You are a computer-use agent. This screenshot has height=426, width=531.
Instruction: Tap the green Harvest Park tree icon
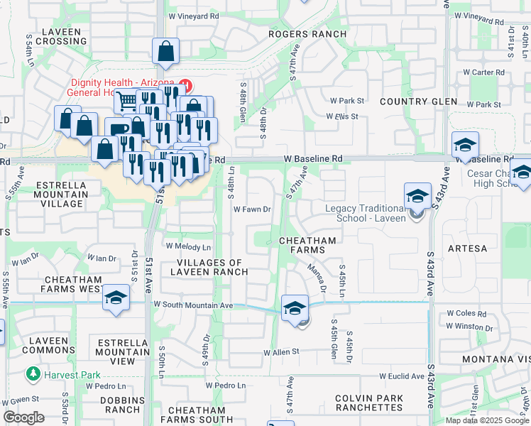click(32, 373)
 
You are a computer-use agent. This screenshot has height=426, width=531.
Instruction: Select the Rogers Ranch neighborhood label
click(307, 34)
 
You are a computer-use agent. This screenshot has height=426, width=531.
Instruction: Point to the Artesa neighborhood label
click(467, 248)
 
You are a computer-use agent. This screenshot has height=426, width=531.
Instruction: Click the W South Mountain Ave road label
click(193, 305)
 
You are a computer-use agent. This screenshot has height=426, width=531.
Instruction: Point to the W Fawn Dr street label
click(253, 209)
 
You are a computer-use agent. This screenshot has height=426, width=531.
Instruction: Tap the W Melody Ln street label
click(188, 246)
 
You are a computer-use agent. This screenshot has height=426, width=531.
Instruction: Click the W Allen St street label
click(282, 352)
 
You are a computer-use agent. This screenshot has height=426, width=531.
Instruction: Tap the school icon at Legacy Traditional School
click(417, 195)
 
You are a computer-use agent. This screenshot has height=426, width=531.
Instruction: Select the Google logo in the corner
click(23, 417)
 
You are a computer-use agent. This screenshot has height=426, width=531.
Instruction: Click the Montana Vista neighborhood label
click(496, 359)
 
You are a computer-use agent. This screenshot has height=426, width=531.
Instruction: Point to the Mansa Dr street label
click(317, 278)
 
